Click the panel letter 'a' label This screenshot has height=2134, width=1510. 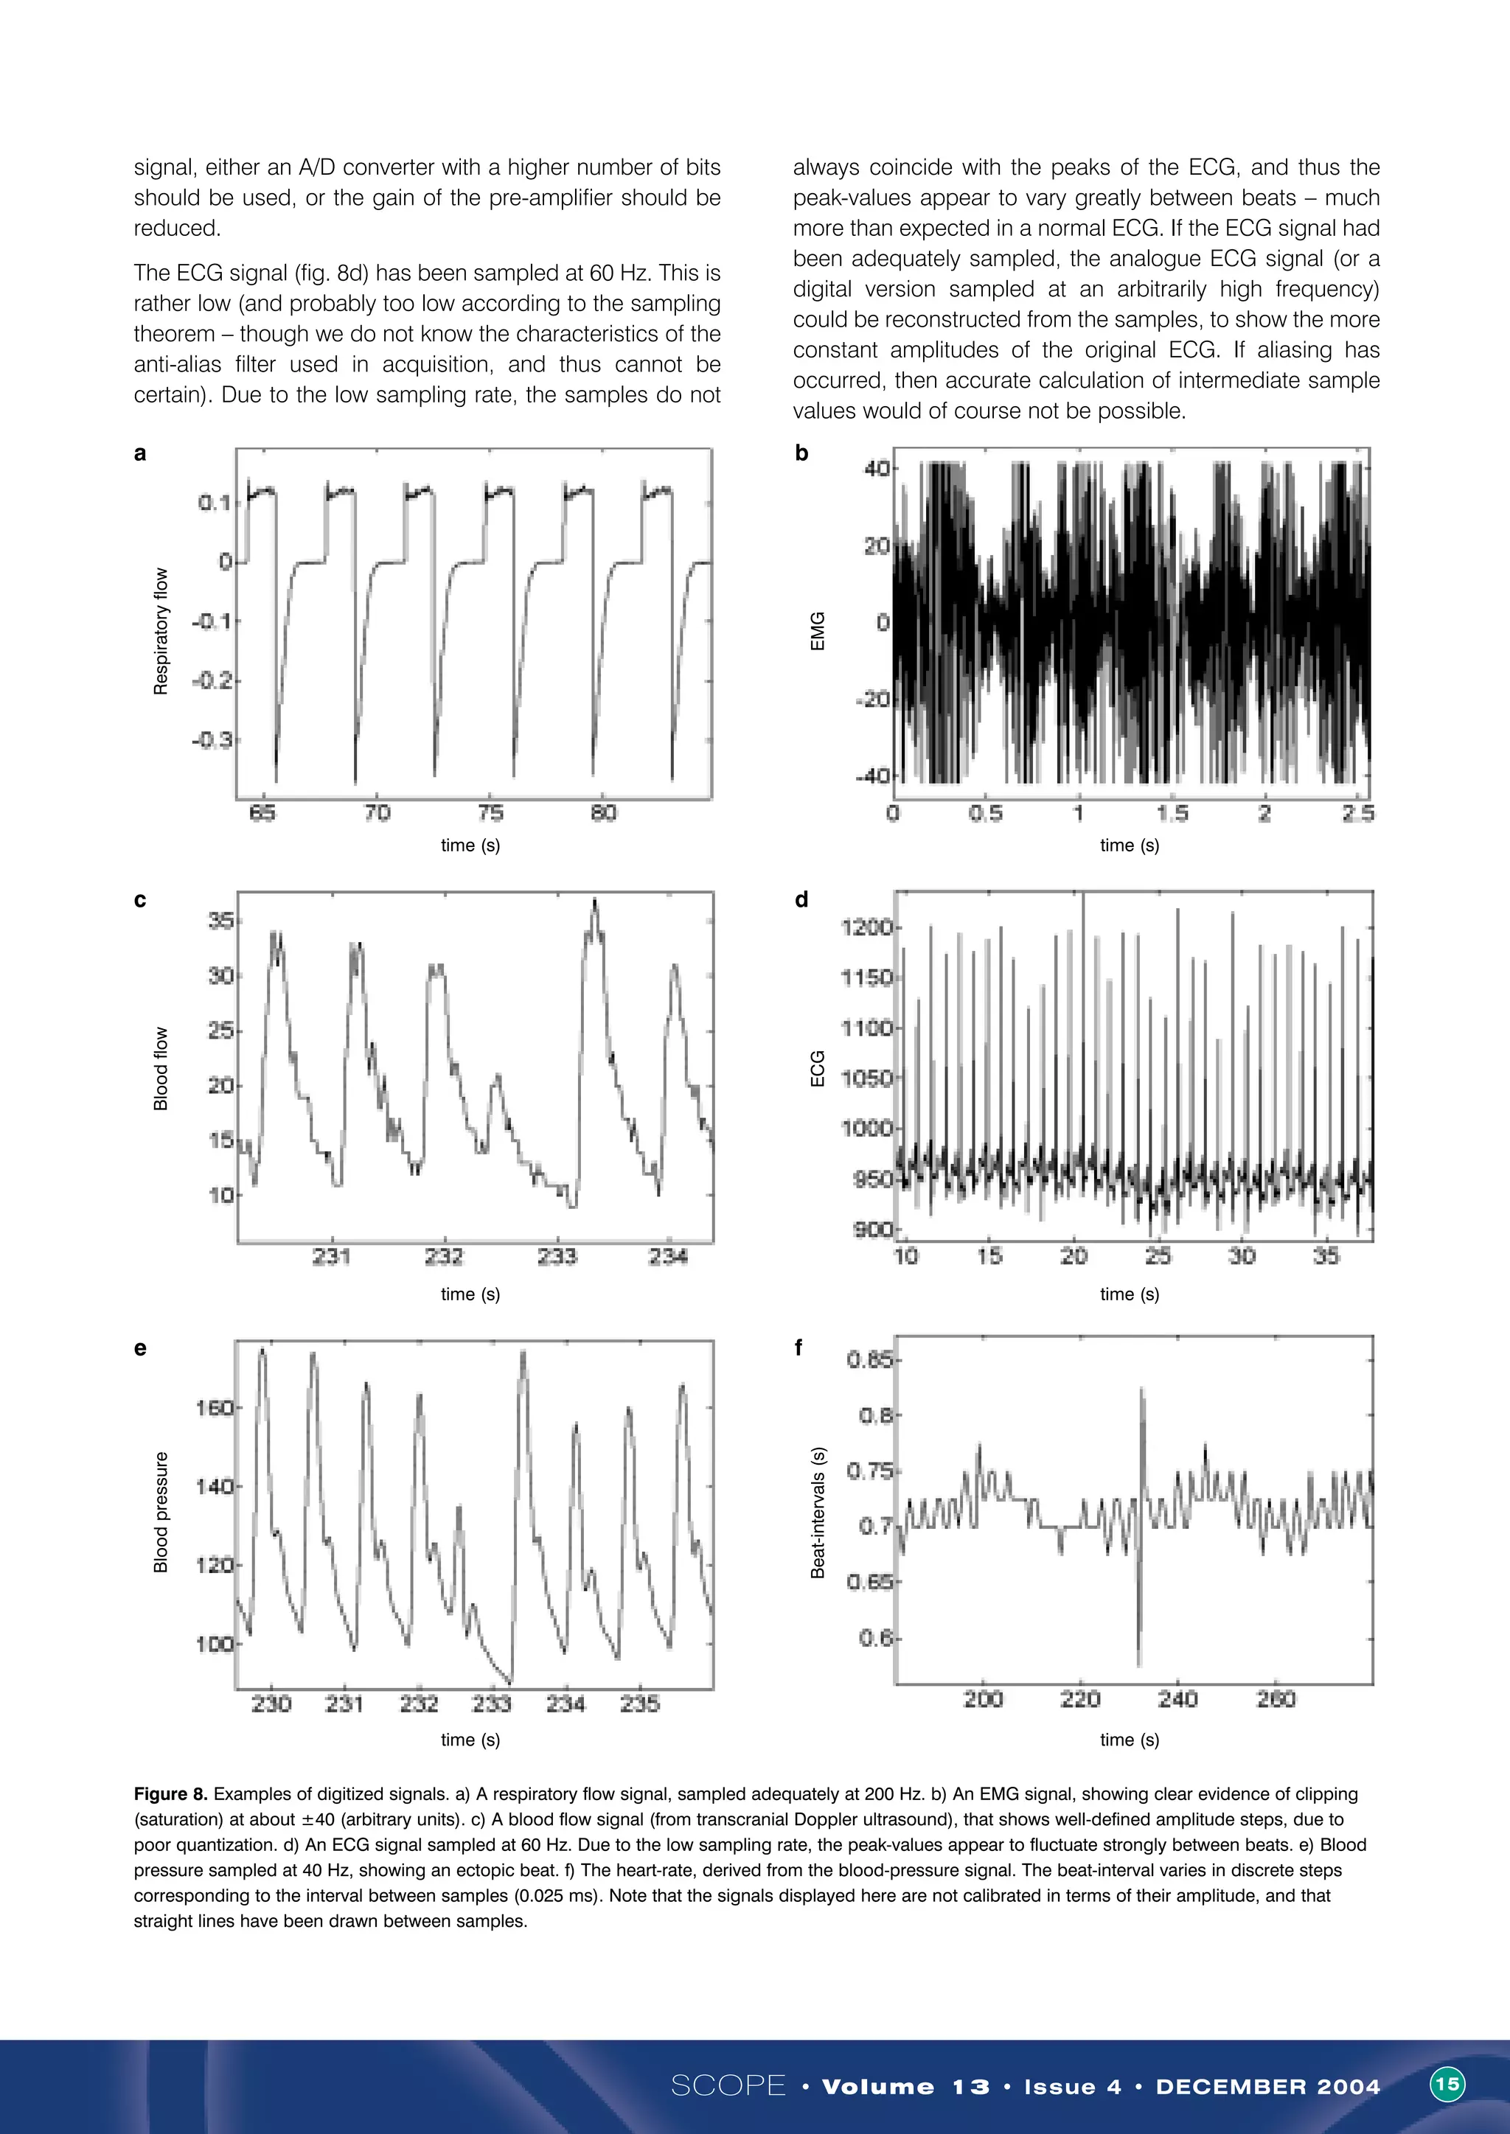[139, 453]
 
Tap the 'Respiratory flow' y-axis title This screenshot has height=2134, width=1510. [161, 631]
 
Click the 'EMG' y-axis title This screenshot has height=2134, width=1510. [818, 631]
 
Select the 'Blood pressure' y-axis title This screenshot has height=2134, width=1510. [161, 1512]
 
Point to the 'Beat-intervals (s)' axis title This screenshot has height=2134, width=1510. [818, 1512]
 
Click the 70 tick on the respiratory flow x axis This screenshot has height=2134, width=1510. [377, 813]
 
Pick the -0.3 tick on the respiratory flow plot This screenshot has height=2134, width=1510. [215, 740]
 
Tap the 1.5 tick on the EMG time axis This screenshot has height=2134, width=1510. [1172, 813]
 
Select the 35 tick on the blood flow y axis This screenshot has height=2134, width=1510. [221, 921]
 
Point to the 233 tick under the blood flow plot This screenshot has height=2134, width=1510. [557, 1257]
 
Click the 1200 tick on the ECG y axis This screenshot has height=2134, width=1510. [866, 927]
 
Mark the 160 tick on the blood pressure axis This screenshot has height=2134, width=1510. [215, 1408]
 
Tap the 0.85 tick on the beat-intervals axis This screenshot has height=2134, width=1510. [870, 1361]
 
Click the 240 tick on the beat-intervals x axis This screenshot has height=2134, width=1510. [1177, 1699]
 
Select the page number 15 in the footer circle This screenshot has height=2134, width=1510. [1447, 2084]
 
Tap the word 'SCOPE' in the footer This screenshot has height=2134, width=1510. [728, 2085]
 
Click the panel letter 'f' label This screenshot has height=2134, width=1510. [798, 1347]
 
